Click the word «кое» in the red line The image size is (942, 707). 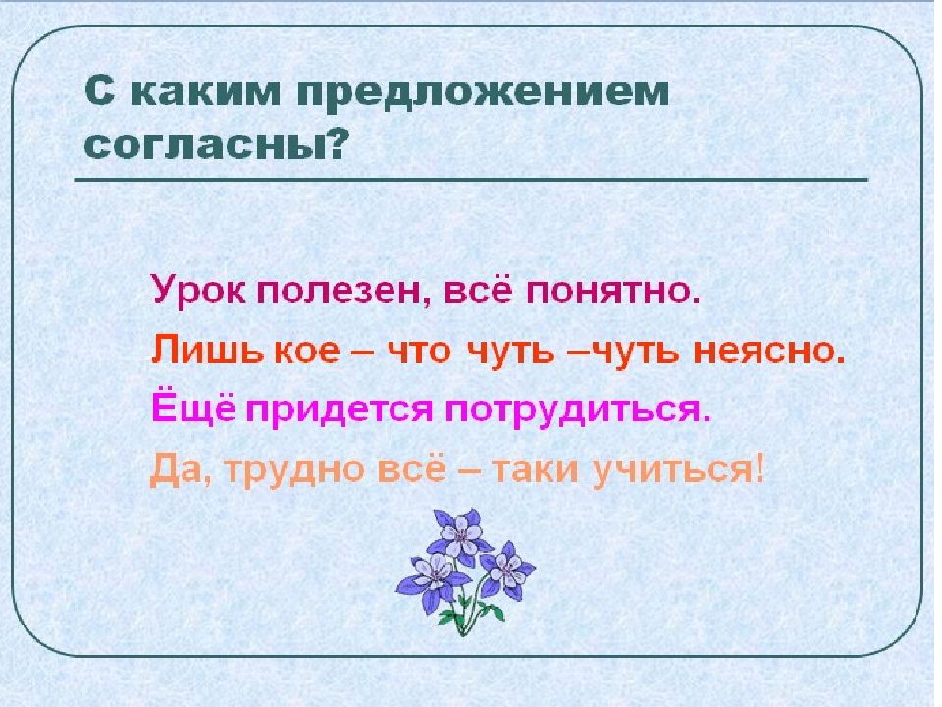coord(289,351)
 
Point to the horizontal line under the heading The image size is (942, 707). coord(471,180)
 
